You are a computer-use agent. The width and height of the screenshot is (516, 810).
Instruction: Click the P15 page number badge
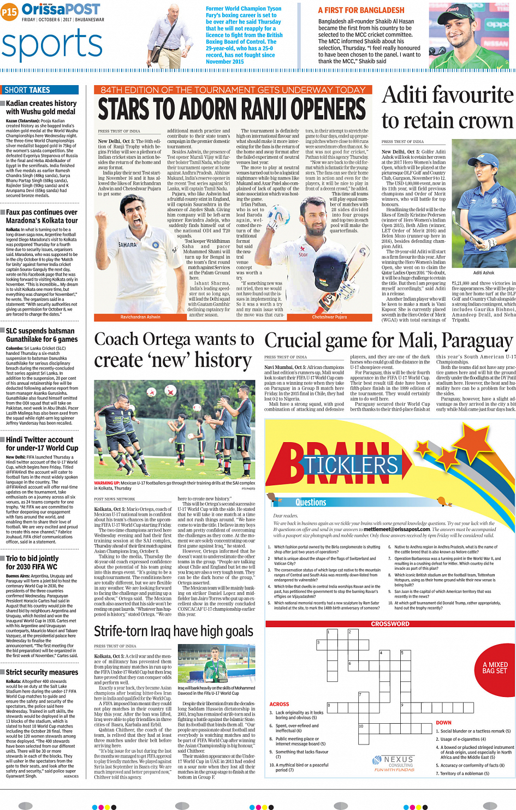click(9, 12)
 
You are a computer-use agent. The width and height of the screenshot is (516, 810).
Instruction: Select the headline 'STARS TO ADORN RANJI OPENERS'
click(232, 109)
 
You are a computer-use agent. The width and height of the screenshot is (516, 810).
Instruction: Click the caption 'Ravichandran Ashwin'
click(140, 317)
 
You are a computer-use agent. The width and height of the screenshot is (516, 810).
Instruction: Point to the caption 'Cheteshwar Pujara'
click(329, 317)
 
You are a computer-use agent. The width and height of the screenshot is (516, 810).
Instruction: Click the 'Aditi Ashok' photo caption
click(483, 273)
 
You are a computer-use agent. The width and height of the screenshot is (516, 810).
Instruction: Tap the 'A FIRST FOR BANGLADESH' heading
click(361, 10)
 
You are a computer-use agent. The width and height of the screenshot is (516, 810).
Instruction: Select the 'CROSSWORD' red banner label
click(390, 624)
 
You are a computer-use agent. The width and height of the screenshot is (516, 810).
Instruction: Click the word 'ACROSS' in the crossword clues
click(279, 704)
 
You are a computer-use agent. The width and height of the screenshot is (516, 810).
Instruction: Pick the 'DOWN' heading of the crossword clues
click(443, 723)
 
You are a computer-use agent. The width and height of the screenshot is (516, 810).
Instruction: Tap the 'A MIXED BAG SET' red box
click(495, 668)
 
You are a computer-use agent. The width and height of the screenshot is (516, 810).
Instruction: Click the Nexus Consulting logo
click(394, 763)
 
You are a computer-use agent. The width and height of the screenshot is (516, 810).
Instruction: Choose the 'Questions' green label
click(311, 502)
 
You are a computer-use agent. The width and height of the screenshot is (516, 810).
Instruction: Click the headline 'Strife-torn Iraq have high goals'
click(174, 632)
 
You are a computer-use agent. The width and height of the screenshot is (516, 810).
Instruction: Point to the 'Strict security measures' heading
click(42, 672)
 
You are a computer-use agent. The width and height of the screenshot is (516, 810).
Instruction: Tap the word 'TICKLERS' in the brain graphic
click(351, 465)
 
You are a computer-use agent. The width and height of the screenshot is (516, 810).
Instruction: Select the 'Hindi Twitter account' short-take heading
click(39, 440)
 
